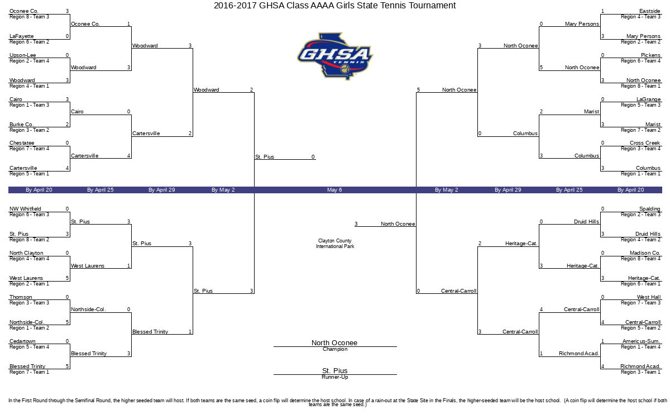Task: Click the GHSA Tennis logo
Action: [x=335, y=56]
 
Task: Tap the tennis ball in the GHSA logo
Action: [x=345, y=69]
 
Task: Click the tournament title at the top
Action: [x=334, y=6]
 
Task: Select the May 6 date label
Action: [x=334, y=190]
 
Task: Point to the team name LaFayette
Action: [x=22, y=36]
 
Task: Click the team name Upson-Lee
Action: [x=23, y=55]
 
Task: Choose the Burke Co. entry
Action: [x=22, y=124]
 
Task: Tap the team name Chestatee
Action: [x=22, y=143]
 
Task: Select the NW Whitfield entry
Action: [x=25, y=208]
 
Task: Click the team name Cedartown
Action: [x=22, y=341]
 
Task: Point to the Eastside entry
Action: [x=650, y=11]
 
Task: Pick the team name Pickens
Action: [x=650, y=55]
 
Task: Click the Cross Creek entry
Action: [x=645, y=143]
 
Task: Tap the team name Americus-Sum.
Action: [x=642, y=341]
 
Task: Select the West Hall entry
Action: [x=648, y=297]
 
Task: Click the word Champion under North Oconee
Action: [x=335, y=349]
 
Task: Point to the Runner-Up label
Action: [x=335, y=377]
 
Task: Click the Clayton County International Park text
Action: [x=335, y=244]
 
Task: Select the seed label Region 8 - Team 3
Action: [x=29, y=17]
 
